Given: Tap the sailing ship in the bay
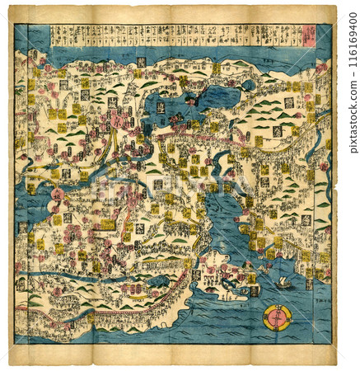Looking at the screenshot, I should [283, 282].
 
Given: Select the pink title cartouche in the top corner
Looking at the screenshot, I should [311, 34].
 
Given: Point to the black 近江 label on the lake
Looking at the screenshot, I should [161, 107].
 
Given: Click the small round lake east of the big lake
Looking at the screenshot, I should [248, 85].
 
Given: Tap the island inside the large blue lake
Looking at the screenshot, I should [189, 101].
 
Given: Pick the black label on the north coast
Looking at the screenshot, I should [141, 62].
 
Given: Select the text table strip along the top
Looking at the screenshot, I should [173, 35].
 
